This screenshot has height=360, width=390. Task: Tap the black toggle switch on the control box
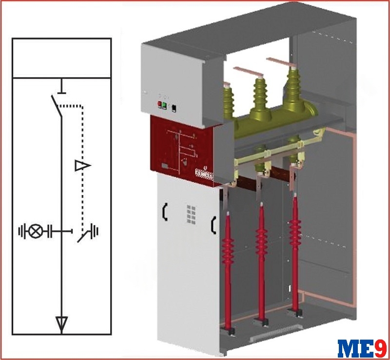174,108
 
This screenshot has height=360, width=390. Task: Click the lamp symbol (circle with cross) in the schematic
36,231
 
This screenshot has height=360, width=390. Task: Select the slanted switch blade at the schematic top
57,106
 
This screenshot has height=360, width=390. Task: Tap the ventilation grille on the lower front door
191,214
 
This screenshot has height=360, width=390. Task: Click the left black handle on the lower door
165,212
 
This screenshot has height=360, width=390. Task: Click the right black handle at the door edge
214,225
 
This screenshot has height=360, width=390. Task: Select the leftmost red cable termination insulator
228,271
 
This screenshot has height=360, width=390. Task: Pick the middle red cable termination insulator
261,261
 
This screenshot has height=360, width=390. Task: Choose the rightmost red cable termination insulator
295,252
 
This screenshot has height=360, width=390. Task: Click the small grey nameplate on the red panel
164,166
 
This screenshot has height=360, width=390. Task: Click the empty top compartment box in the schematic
62,58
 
